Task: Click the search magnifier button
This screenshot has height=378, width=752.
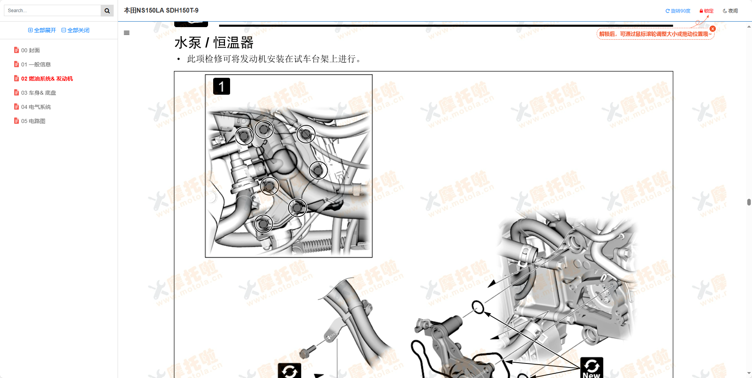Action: tap(107, 11)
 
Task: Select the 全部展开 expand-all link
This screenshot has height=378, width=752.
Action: tap(42, 30)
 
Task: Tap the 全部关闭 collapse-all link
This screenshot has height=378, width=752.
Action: tap(76, 30)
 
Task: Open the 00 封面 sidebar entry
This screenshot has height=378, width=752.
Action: tap(30, 50)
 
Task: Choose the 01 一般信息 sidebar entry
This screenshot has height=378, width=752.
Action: tap(36, 64)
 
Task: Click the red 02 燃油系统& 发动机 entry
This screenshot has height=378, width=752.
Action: tap(47, 79)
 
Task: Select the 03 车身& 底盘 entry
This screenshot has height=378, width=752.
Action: tap(39, 93)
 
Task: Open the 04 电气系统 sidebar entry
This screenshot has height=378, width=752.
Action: tap(36, 107)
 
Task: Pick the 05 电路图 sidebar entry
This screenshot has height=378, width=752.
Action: tap(33, 121)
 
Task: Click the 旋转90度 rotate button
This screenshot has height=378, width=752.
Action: tap(678, 11)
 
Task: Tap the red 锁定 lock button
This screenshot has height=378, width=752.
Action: tap(706, 11)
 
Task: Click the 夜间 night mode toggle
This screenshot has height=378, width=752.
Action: tap(730, 11)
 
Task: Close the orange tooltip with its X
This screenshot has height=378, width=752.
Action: tap(713, 29)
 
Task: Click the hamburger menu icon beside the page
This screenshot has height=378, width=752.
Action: tap(127, 33)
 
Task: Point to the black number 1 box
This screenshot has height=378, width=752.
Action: tap(221, 86)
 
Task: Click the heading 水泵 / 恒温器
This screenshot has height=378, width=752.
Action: tap(214, 42)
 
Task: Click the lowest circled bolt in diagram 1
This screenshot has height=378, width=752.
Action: tap(263, 224)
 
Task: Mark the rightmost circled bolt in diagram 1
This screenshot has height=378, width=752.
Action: tap(318, 171)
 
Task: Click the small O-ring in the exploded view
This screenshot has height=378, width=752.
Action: tap(478, 307)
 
